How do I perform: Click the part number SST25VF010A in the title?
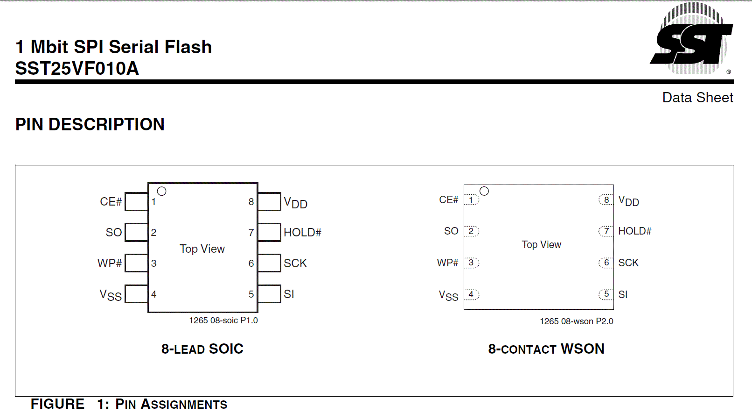click(77, 69)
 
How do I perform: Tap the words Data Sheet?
click(697, 98)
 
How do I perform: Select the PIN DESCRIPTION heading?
click(90, 124)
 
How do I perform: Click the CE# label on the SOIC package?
click(111, 201)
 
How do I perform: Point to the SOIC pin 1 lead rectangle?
click(136, 201)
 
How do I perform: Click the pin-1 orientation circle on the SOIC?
click(162, 191)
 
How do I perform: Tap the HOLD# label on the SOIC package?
click(302, 232)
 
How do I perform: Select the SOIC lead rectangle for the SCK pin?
click(269, 263)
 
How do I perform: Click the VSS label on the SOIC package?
click(111, 295)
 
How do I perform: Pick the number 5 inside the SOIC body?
click(251, 294)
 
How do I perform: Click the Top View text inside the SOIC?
click(202, 249)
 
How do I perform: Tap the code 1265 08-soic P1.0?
click(223, 320)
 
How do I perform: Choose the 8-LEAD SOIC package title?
click(202, 349)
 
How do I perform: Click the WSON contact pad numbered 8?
click(606, 200)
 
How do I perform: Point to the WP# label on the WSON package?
click(447, 263)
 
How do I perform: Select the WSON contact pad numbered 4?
click(471, 294)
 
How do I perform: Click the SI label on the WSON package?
click(623, 294)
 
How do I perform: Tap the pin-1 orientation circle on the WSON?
click(484, 191)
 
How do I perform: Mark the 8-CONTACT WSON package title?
click(546, 349)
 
